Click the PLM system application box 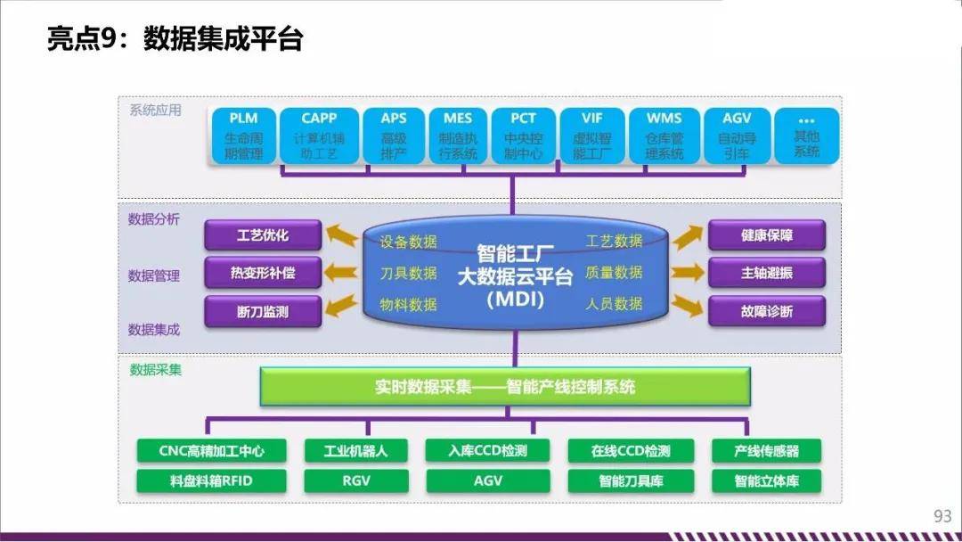pyautogui.click(x=243, y=135)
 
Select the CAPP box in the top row pyautogui.click(x=319, y=135)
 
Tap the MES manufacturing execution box pyautogui.click(x=458, y=135)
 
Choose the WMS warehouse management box pyautogui.click(x=664, y=135)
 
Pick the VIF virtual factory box pyautogui.click(x=592, y=135)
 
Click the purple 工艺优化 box pyautogui.click(x=263, y=235)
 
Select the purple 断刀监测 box pyautogui.click(x=263, y=311)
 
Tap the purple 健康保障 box pyautogui.click(x=766, y=235)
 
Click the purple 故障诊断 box pyautogui.click(x=766, y=311)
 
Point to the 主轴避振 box pyautogui.click(x=766, y=273)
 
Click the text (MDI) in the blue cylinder pyautogui.click(x=516, y=300)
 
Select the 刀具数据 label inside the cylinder pyautogui.click(x=408, y=273)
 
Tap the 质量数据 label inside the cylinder pyautogui.click(x=614, y=272)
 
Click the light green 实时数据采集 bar pyautogui.click(x=505, y=387)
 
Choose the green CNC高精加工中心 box pyautogui.click(x=211, y=451)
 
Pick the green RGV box pyautogui.click(x=355, y=480)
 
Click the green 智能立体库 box pyautogui.click(x=766, y=480)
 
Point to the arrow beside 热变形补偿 pyautogui.click(x=340, y=272)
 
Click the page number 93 pyautogui.click(x=942, y=515)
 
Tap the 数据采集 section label pyautogui.click(x=155, y=370)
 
